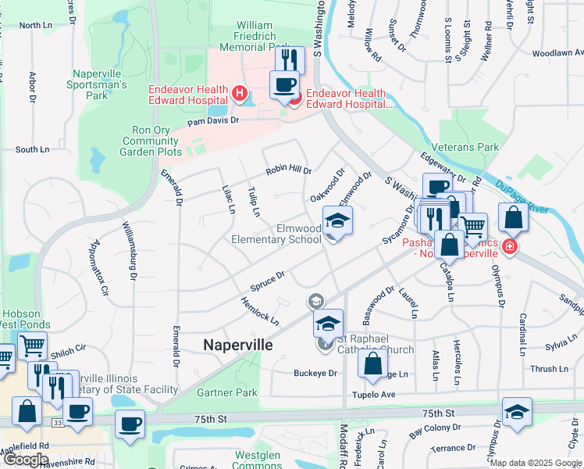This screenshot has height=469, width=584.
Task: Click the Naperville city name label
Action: click(238, 345)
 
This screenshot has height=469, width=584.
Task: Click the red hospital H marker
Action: click(240, 95)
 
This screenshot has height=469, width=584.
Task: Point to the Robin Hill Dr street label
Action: click(288, 170)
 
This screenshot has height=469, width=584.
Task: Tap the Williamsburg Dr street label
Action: click(129, 250)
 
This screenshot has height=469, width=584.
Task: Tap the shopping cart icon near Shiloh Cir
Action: click(31, 345)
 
